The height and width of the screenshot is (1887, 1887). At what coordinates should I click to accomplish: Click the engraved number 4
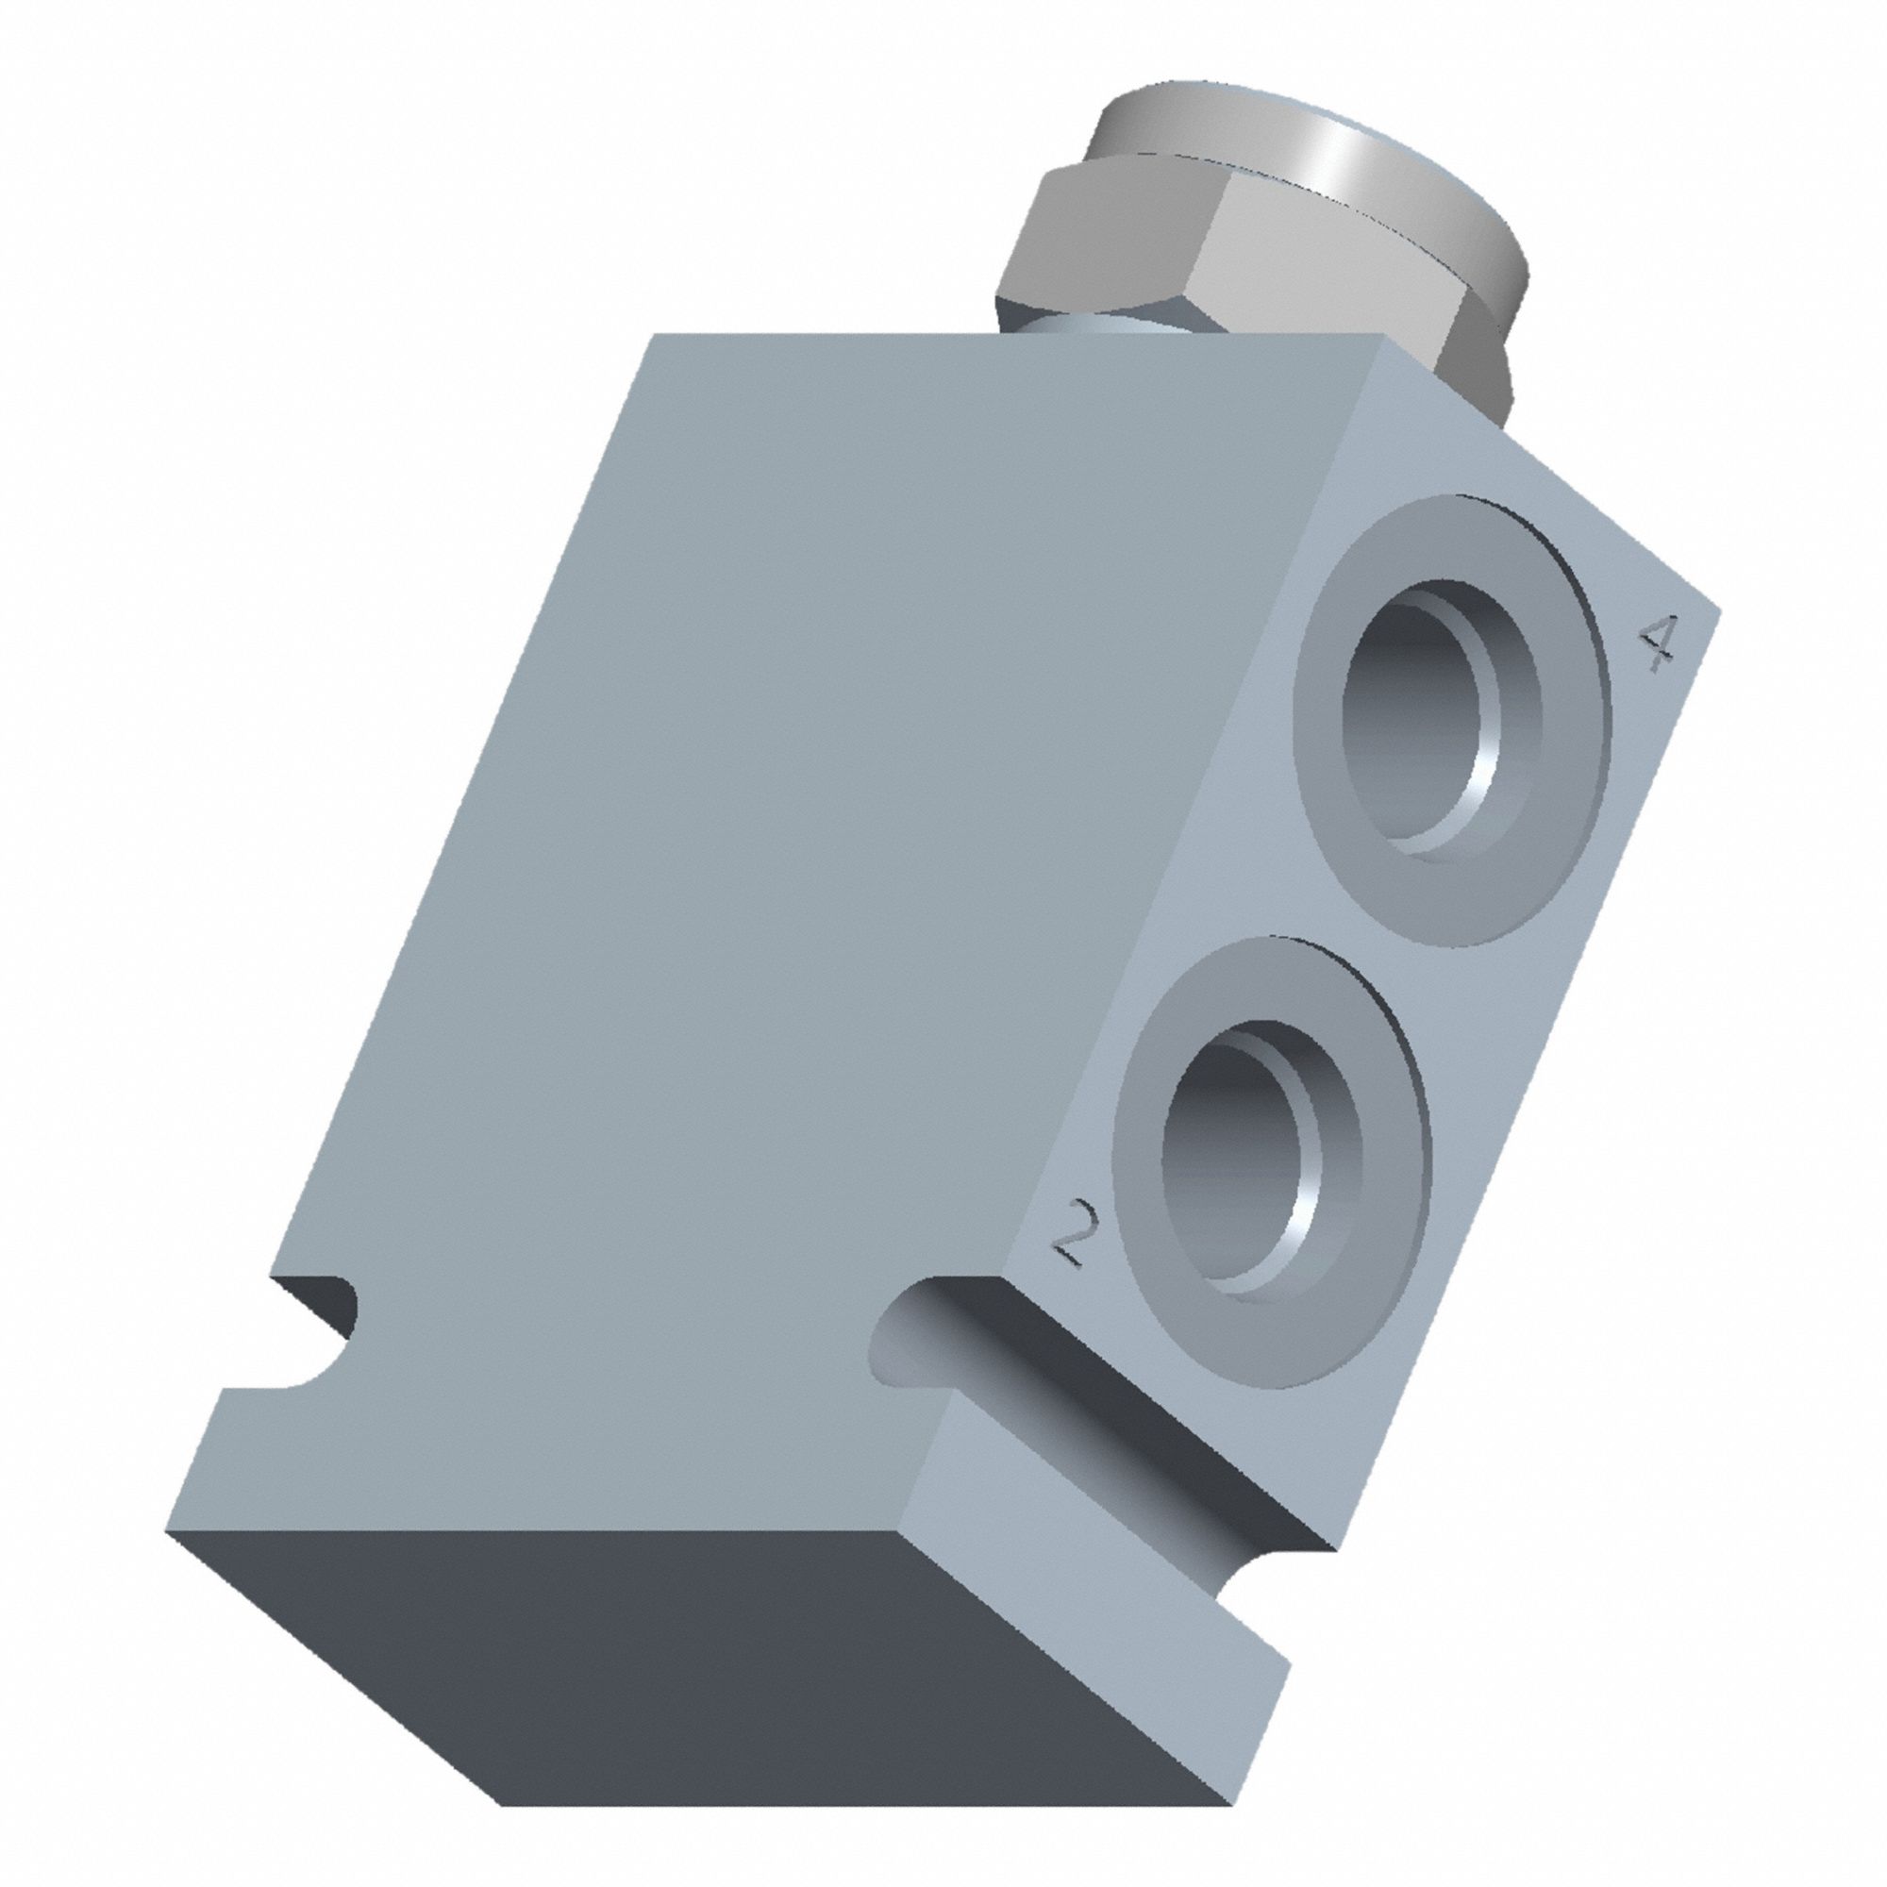pos(1658,643)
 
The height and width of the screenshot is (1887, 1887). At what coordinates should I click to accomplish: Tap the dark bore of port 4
pos(1407,713)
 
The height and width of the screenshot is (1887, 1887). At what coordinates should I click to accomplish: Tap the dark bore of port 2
pos(1226,1153)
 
